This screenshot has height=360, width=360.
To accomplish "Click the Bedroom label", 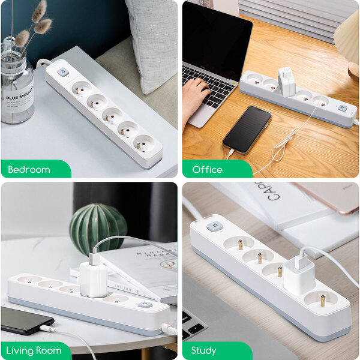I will click(x=29, y=169).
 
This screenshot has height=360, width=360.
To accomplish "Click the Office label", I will click(x=208, y=169).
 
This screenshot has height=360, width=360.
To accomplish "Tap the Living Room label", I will click(x=35, y=350).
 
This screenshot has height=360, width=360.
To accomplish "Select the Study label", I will click(x=204, y=350).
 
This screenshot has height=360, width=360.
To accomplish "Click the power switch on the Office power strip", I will click(x=342, y=109).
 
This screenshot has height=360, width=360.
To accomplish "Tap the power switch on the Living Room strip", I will click(x=145, y=305).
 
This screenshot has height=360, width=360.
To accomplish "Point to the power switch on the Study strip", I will click(x=214, y=227).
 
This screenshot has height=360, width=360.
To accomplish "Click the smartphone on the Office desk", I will click(x=247, y=129).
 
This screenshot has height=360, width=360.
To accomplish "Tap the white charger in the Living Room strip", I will click(x=92, y=278).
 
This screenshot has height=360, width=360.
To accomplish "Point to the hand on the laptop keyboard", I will click(x=194, y=96).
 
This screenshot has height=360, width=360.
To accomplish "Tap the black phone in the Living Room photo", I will click(x=25, y=320).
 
